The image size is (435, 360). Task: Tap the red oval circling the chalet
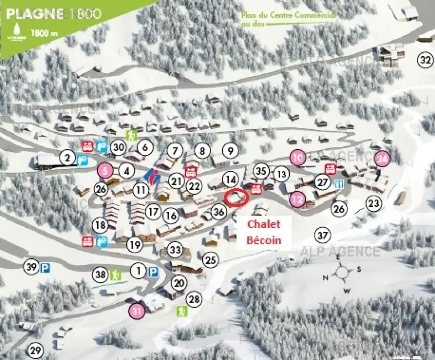236,197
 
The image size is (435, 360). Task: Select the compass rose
342,272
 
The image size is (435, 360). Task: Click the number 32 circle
425,60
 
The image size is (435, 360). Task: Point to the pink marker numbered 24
383,159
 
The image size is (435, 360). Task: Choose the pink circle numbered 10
298,157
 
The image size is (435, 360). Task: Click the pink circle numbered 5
105,171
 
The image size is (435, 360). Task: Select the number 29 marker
36,350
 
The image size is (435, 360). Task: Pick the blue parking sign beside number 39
44,268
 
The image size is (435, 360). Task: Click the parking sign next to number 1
153,272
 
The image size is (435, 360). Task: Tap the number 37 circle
322,235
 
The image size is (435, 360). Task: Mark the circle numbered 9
231,151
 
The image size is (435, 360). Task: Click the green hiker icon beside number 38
116,274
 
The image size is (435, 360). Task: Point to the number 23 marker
373,203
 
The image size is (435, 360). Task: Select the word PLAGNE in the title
34,13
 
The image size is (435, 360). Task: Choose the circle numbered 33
175,250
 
